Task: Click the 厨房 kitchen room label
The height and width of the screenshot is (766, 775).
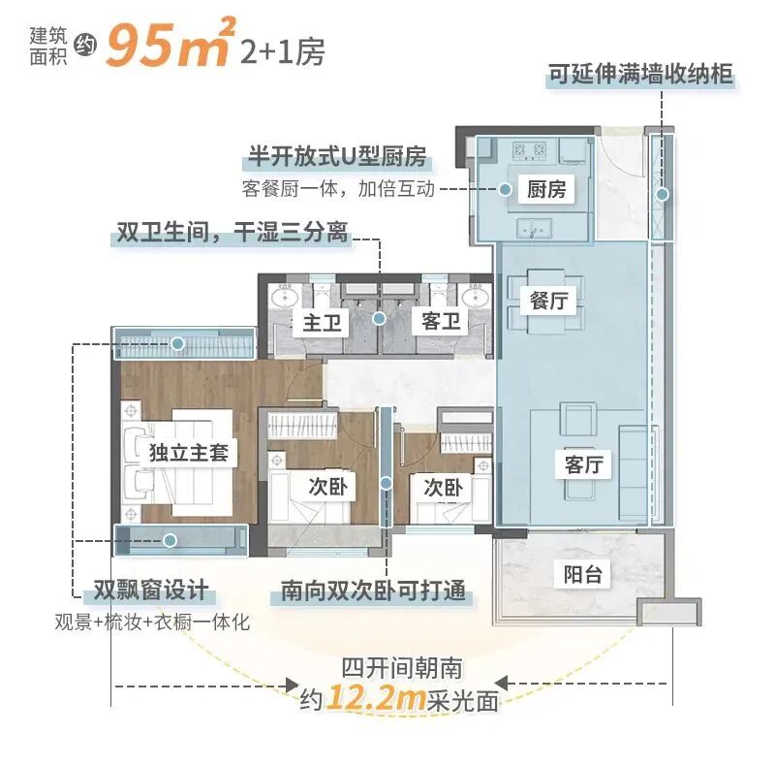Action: tap(546, 189)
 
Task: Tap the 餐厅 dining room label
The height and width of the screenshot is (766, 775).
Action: tap(547, 301)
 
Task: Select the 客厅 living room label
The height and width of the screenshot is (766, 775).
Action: tap(583, 464)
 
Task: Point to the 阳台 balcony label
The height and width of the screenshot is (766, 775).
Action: tap(583, 574)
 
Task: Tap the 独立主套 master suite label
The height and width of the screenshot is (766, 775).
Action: tap(188, 453)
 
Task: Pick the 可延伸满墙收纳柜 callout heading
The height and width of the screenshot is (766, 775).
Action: tap(640, 75)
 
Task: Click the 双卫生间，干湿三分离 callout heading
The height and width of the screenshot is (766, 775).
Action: tap(232, 233)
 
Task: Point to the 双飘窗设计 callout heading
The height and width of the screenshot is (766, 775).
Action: tap(142, 591)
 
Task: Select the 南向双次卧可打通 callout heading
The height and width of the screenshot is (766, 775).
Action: tap(373, 590)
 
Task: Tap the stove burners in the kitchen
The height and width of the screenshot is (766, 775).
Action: tap(531, 150)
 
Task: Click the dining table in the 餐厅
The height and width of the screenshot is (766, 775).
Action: tap(547, 301)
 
